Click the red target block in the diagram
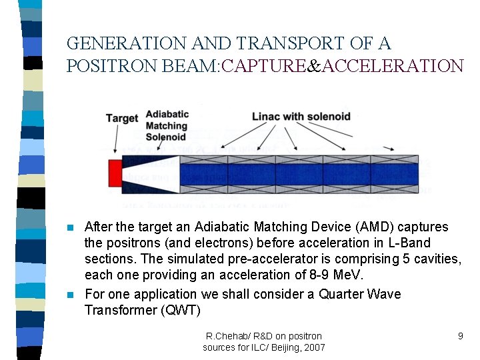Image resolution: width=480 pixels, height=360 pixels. click(x=115, y=174)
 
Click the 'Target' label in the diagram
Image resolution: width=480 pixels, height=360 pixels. click(x=121, y=118)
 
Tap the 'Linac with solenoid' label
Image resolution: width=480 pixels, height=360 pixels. click(x=301, y=117)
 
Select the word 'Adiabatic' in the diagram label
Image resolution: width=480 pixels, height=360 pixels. click(x=167, y=114)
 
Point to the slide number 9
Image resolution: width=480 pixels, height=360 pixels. click(x=460, y=336)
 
